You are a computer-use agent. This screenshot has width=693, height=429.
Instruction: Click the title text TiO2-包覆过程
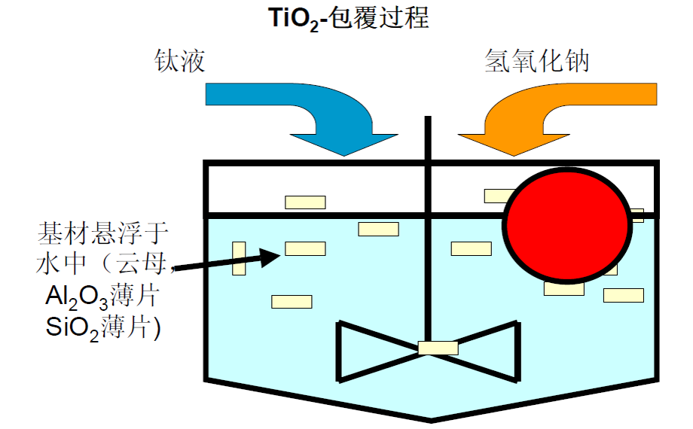tap(349, 17)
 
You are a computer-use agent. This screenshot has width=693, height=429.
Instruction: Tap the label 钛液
tap(179, 61)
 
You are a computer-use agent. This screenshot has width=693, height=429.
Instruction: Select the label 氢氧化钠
tap(536, 61)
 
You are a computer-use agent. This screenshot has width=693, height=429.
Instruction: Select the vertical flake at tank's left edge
tap(239, 258)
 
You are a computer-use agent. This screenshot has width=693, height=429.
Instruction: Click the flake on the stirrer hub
tap(438, 348)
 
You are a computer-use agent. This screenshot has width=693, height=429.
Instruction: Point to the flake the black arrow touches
tap(305, 248)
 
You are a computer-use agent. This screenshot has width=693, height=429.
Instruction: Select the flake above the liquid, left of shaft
tap(305, 202)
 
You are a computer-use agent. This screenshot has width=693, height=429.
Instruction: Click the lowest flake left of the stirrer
tap(292, 302)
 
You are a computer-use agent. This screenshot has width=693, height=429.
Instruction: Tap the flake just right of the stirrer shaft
tap(471, 248)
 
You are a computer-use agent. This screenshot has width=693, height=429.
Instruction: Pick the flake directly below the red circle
tap(563, 288)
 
